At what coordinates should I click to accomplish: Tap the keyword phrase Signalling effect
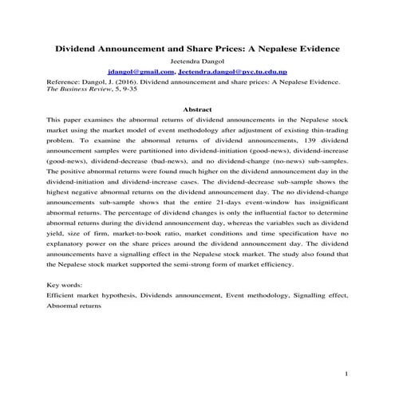[320, 295]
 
